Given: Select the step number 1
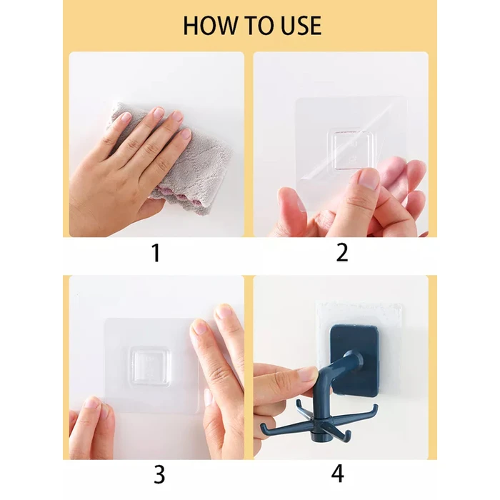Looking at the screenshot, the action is coord(156,253).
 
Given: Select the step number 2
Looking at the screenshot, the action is coord(342,253).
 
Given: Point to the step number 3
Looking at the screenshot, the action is coord(159,474).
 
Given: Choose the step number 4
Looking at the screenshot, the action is coord(338,474).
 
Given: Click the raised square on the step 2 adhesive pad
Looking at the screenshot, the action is coord(351,149).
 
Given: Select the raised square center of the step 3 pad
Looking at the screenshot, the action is coord(149,366).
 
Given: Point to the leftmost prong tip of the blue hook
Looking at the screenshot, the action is coord(263,426).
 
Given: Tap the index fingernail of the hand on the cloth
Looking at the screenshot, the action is coord(158,113).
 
